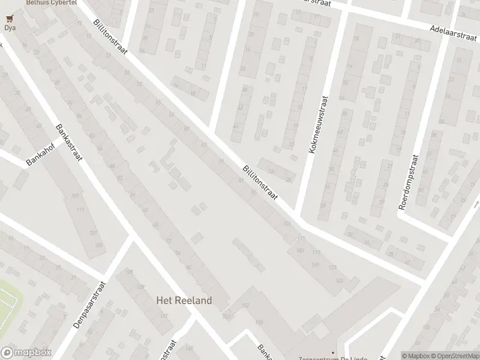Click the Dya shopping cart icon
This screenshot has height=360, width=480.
click(10, 18)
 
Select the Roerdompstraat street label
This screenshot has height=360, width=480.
click(412, 181)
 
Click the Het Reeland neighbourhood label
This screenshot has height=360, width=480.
click(184, 301)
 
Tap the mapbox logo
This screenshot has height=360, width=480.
click(26, 353)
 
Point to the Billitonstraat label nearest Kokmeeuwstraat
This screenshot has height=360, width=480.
click(259, 184)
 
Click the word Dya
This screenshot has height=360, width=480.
click(10, 28)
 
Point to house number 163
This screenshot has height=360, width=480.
click(340, 281)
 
